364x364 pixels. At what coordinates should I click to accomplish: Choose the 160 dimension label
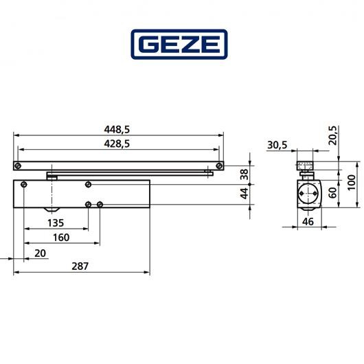62,238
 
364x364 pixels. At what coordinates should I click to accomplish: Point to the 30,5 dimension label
278,145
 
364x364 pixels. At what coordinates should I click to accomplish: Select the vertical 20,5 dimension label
333,132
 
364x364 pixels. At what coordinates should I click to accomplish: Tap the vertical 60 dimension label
333,193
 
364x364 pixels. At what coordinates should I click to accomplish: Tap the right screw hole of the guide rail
218,166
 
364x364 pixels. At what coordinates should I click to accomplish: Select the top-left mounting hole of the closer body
24,185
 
